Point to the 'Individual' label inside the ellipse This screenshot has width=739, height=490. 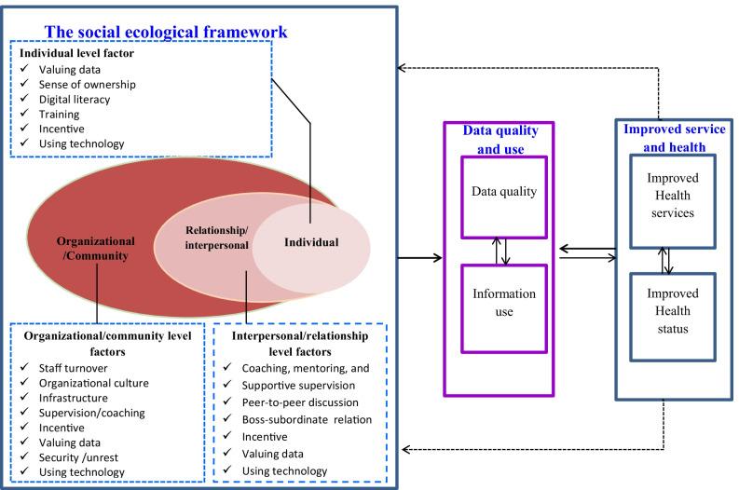tap(310, 242)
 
